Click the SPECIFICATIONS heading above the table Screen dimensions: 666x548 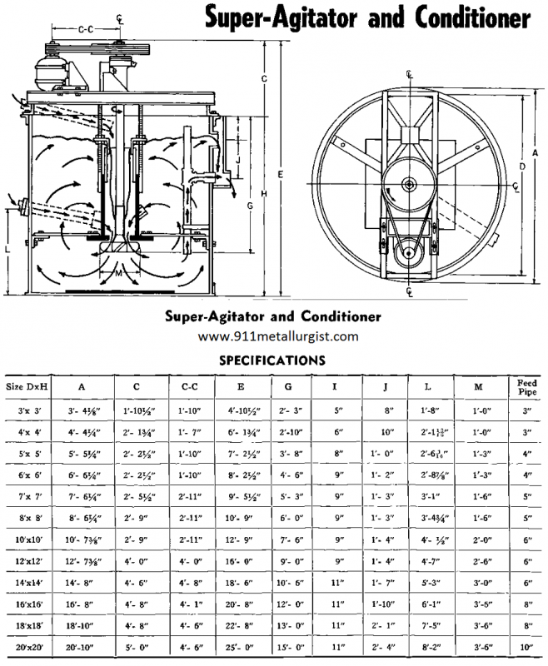[x=272, y=361]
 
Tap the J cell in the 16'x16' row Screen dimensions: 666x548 [x=385, y=604]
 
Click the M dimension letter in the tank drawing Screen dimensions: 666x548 [x=118, y=272]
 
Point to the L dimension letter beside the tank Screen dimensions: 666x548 [x=7, y=249]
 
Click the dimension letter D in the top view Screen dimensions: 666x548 [x=522, y=167]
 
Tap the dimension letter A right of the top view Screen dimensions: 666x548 [x=536, y=152]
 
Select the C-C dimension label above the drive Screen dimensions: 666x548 [x=84, y=30]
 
